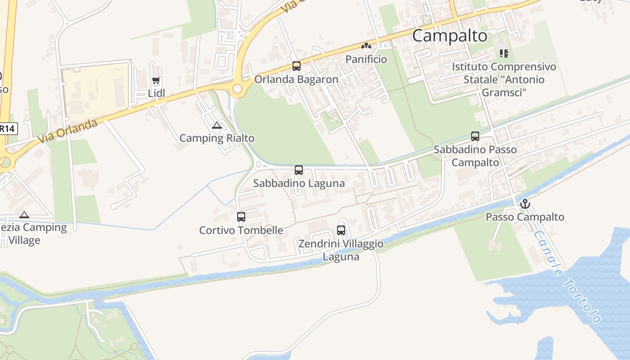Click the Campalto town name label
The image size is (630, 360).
450,36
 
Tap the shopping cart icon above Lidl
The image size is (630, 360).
156,81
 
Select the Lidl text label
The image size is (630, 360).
157,94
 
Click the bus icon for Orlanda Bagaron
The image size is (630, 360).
296,66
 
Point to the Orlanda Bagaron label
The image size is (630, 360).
296,80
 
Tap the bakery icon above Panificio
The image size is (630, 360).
366,46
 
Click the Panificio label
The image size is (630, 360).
366,59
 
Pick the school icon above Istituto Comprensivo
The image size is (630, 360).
504,54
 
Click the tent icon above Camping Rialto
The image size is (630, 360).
217,126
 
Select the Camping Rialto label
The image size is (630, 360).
217,138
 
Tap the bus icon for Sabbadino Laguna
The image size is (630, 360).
298,170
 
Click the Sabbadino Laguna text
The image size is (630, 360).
299,183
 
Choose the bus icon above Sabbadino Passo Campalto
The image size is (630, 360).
475,136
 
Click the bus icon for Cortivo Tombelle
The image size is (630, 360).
241,217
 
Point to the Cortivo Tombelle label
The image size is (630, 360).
241,230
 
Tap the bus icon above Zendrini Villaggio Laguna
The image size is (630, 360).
341,230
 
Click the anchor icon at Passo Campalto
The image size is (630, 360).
525,204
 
